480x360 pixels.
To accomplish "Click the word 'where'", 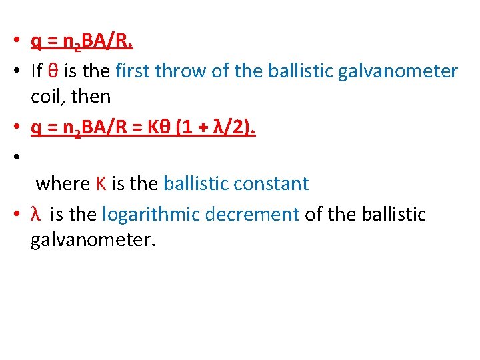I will pos(62,183).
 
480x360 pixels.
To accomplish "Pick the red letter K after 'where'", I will pos(101,183).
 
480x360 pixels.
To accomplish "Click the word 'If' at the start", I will pos(37,71).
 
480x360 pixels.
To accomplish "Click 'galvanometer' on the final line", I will pos(93,239).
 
